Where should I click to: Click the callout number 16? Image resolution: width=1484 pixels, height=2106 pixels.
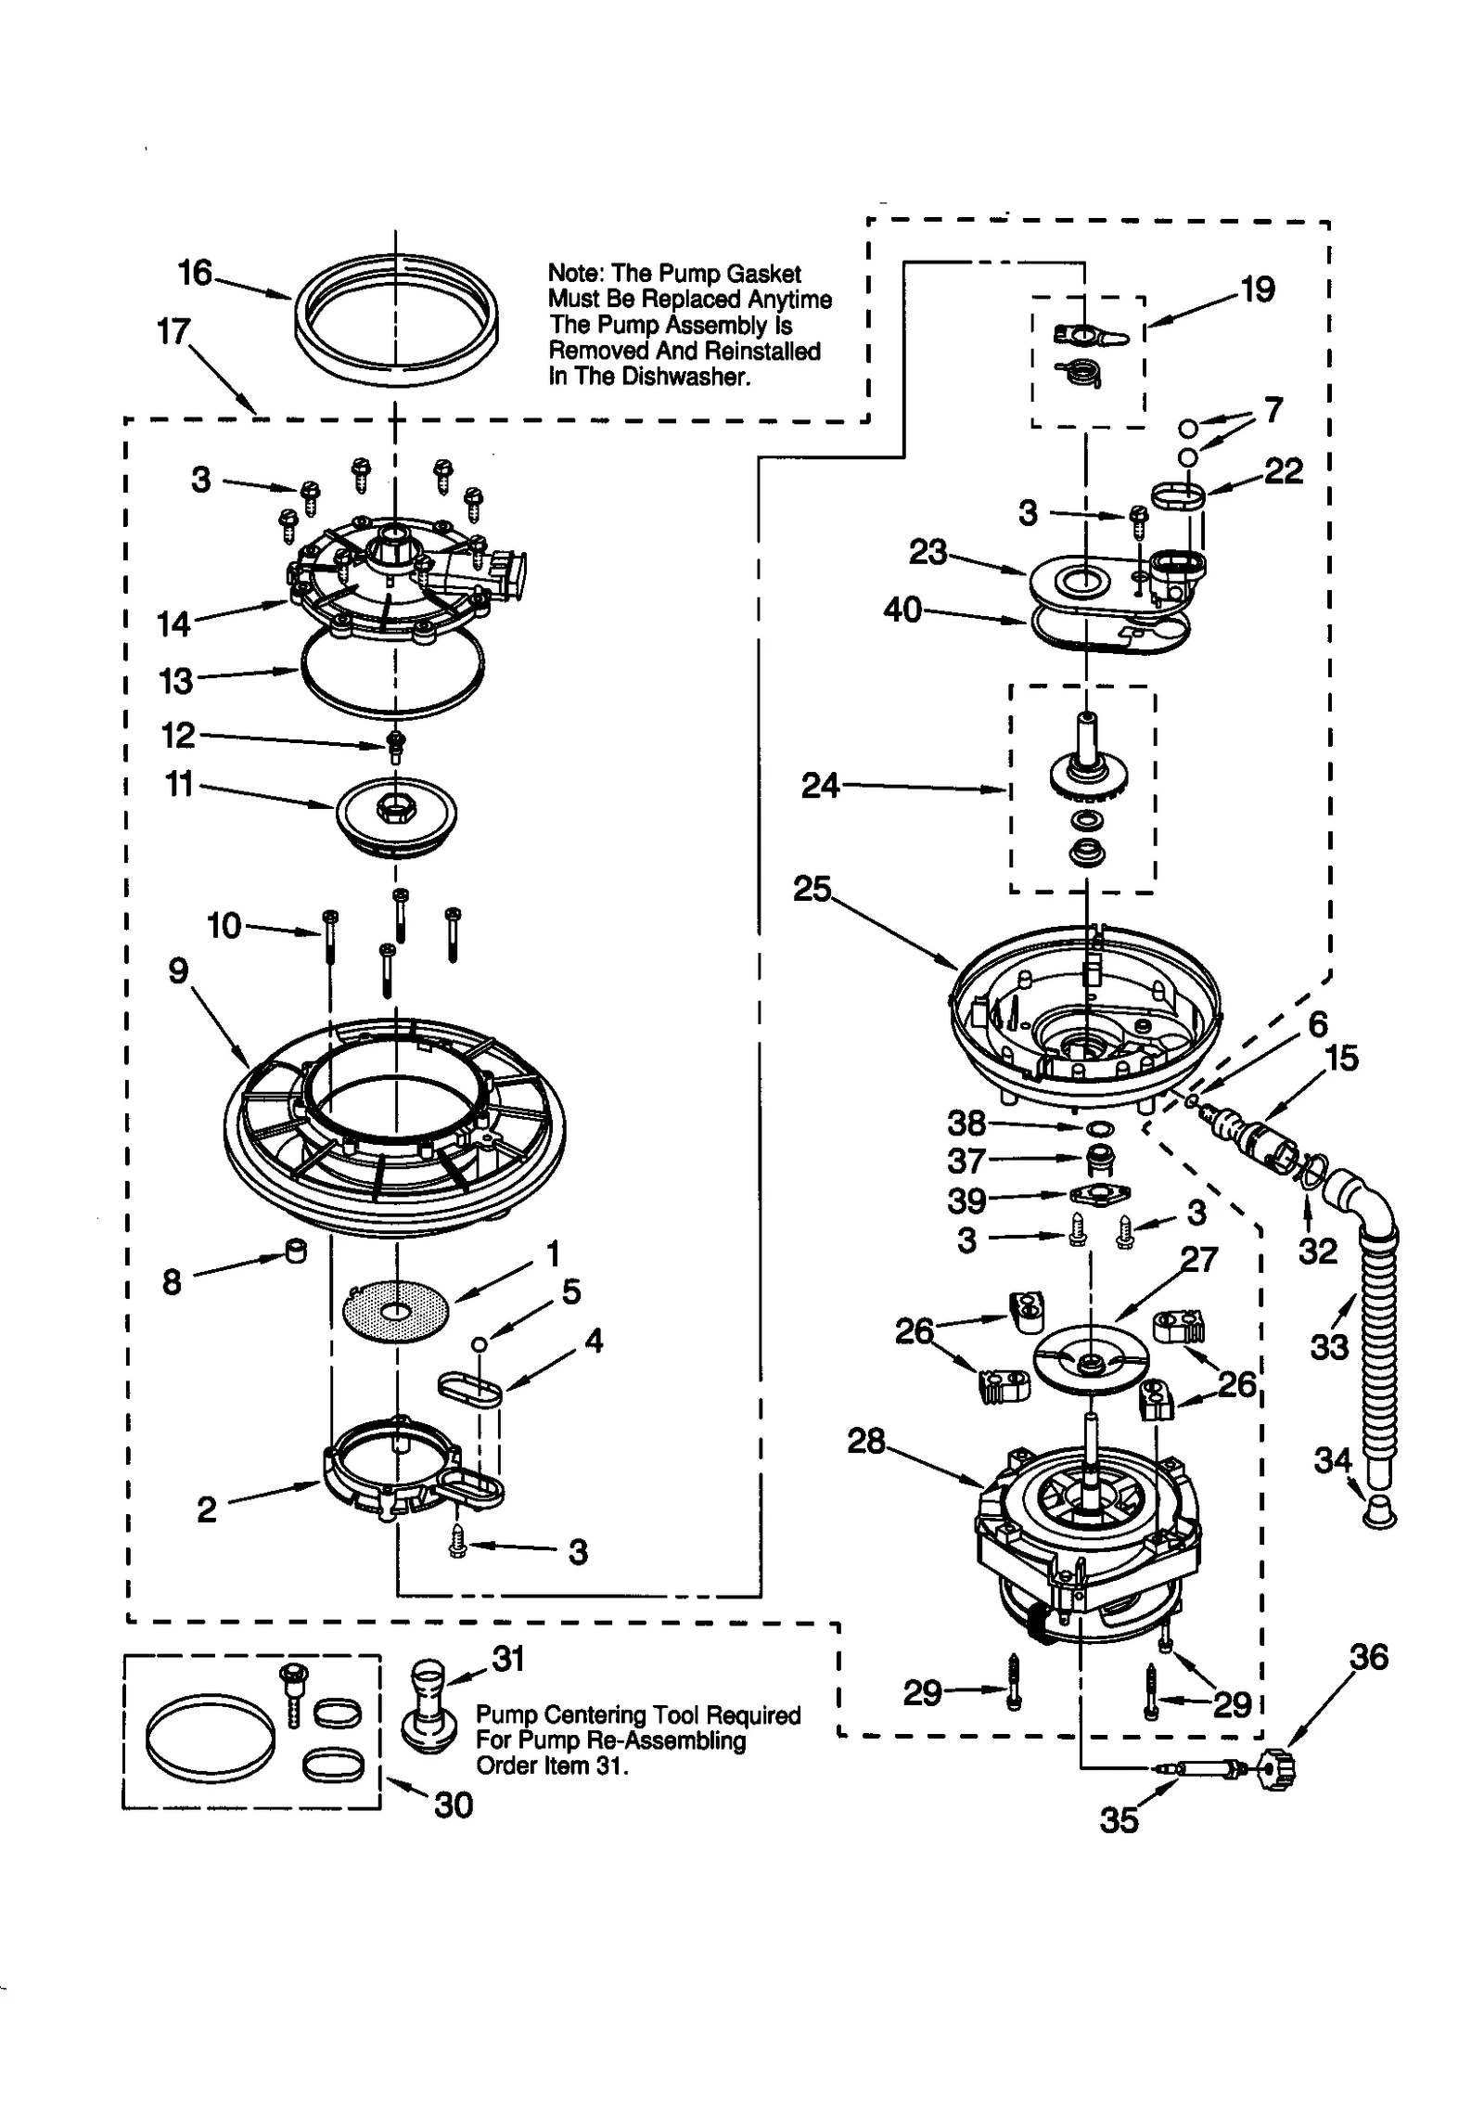(195, 273)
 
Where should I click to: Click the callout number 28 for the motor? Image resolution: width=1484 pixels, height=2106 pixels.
(866, 1441)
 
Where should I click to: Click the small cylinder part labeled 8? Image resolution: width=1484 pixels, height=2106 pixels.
(296, 1252)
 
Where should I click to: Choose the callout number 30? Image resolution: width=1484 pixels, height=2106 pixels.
(454, 1804)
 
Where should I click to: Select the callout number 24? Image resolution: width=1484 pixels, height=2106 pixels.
(820, 786)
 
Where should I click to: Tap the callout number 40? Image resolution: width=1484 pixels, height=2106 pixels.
(902, 610)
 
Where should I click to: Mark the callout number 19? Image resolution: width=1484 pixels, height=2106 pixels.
(1257, 289)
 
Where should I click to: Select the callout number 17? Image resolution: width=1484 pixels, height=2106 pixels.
(173, 331)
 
